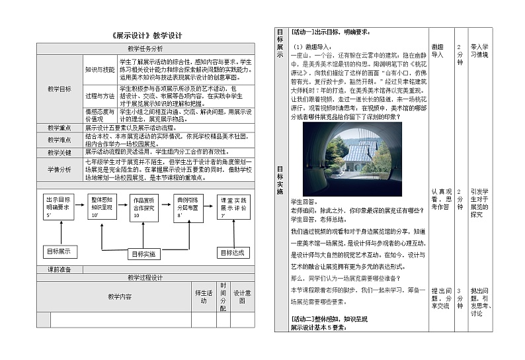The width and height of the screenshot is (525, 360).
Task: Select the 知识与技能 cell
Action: pos(99,69)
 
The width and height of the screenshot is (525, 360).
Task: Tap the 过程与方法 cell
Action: pos(99,96)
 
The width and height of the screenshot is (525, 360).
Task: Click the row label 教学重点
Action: pos(60,128)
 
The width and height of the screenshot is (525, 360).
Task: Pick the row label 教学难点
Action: pos(60,140)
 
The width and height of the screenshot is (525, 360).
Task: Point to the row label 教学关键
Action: pos(60,152)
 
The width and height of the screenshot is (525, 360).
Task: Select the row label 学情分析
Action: pos(60,169)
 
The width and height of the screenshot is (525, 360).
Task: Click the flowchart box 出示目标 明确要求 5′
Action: pos(59,206)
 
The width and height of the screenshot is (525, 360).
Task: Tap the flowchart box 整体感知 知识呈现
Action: pos(103,206)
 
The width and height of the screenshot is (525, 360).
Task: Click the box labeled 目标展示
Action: pos(61,251)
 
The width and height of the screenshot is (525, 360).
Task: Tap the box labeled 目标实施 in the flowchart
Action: pos(143,253)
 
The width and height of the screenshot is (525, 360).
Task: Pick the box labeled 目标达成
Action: pos(232,252)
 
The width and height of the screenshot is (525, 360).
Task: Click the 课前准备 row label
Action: pos(60,269)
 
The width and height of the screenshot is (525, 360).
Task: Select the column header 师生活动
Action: pos(203,296)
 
